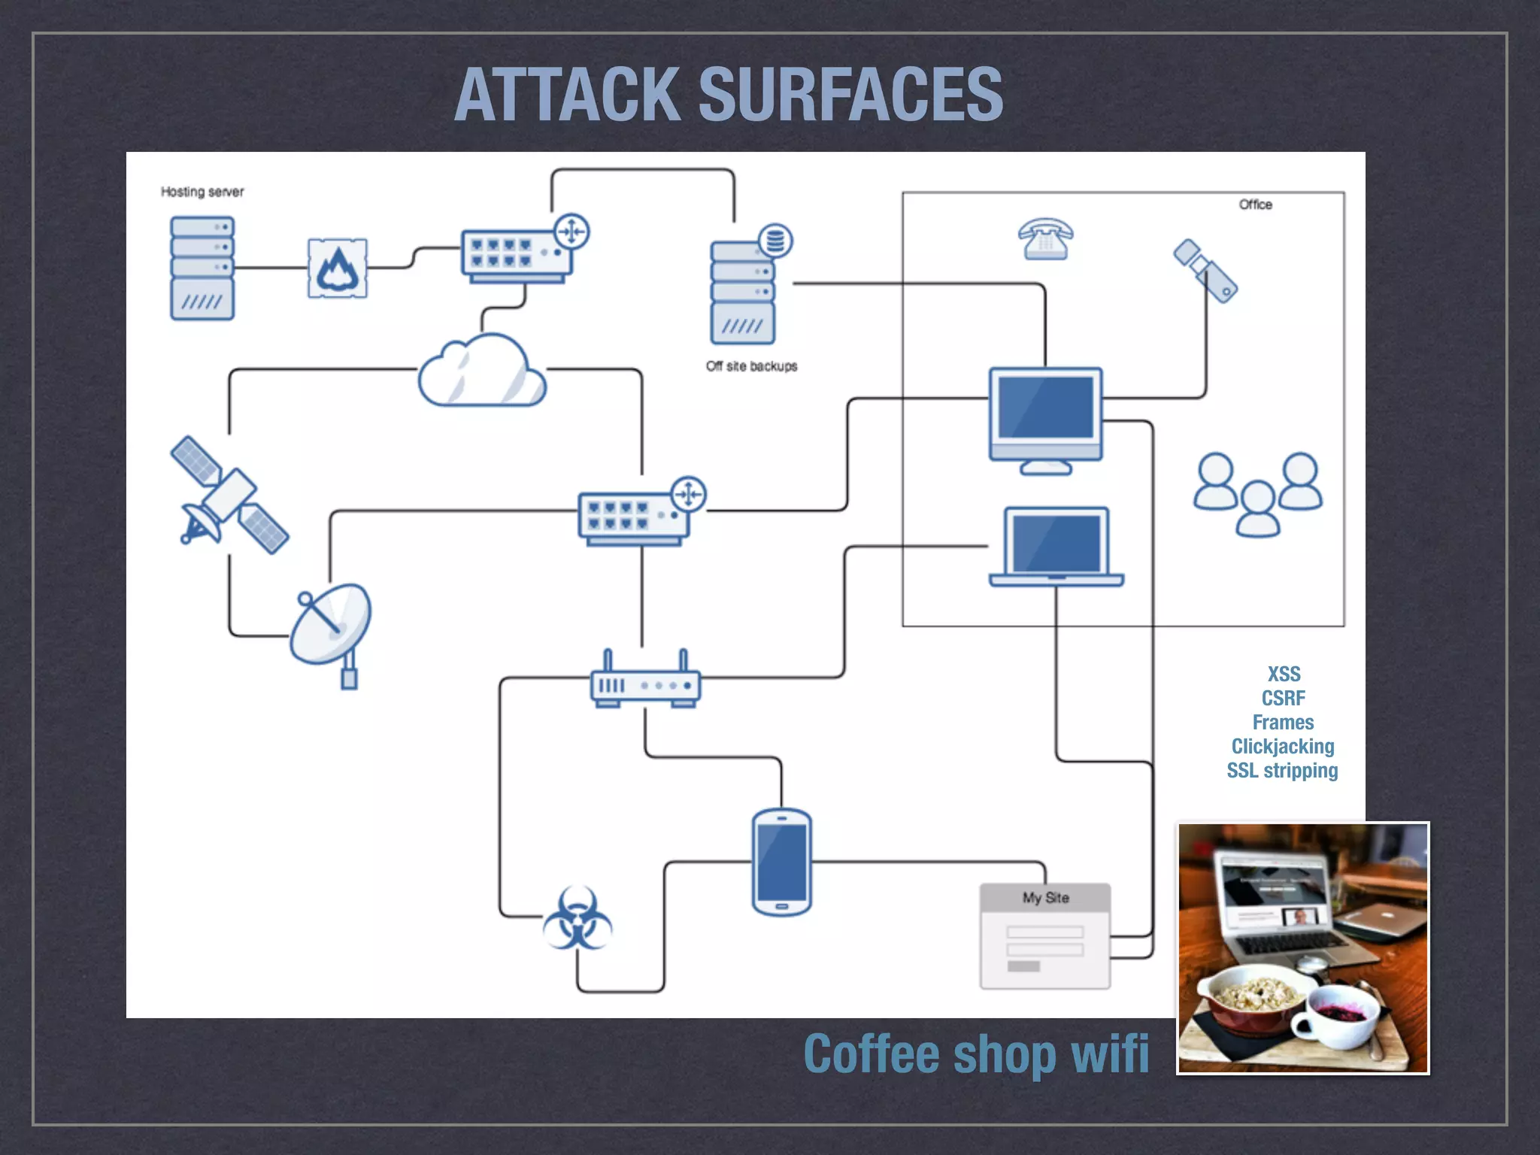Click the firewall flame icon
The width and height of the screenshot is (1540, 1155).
tap(338, 268)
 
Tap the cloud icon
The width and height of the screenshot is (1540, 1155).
tap(482, 371)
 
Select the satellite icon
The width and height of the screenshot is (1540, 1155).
tap(229, 495)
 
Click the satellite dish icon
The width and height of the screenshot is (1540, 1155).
tap(332, 629)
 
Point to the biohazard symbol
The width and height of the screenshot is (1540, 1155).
tap(577, 918)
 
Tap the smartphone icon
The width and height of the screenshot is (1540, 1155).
tap(782, 862)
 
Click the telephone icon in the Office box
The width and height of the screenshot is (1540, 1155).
tap(1045, 239)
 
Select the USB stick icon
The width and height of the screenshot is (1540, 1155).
tap(1205, 271)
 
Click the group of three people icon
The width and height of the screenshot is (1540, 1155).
tap(1258, 493)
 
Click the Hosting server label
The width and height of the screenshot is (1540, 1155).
tap(202, 192)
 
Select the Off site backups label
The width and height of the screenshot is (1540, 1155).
tap(751, 366)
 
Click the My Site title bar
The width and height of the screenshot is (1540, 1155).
tap(1045, 897)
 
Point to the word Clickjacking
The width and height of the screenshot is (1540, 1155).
tap(1283, 746)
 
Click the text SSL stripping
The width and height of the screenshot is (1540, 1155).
tap(1283, 771)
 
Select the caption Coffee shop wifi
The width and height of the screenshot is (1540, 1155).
tap(976, 1054)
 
